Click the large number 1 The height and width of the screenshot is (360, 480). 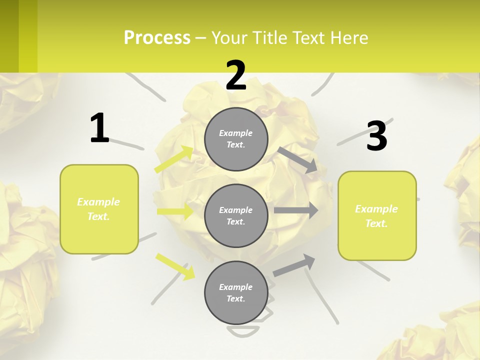point(99,128)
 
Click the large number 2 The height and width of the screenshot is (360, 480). point(236,75)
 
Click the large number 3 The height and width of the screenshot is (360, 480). point(376,136)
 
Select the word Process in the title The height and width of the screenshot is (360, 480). point(157,37)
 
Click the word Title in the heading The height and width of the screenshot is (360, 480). point(270,37)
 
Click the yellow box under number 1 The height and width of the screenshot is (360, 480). point(99,209)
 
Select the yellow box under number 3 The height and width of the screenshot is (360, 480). point(377,215)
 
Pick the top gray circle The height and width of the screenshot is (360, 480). point(236,139)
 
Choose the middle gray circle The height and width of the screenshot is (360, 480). point(236,215)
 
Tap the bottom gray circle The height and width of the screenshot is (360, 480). point(236,292)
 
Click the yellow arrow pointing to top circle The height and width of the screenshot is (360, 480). point(174,159)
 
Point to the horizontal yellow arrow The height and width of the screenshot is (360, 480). point(175,211)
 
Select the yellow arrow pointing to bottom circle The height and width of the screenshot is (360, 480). point(175,266)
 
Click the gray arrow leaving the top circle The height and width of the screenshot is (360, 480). point(298,160)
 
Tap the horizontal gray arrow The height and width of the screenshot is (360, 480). point(296,210)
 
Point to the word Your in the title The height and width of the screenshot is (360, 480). point(229,37)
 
